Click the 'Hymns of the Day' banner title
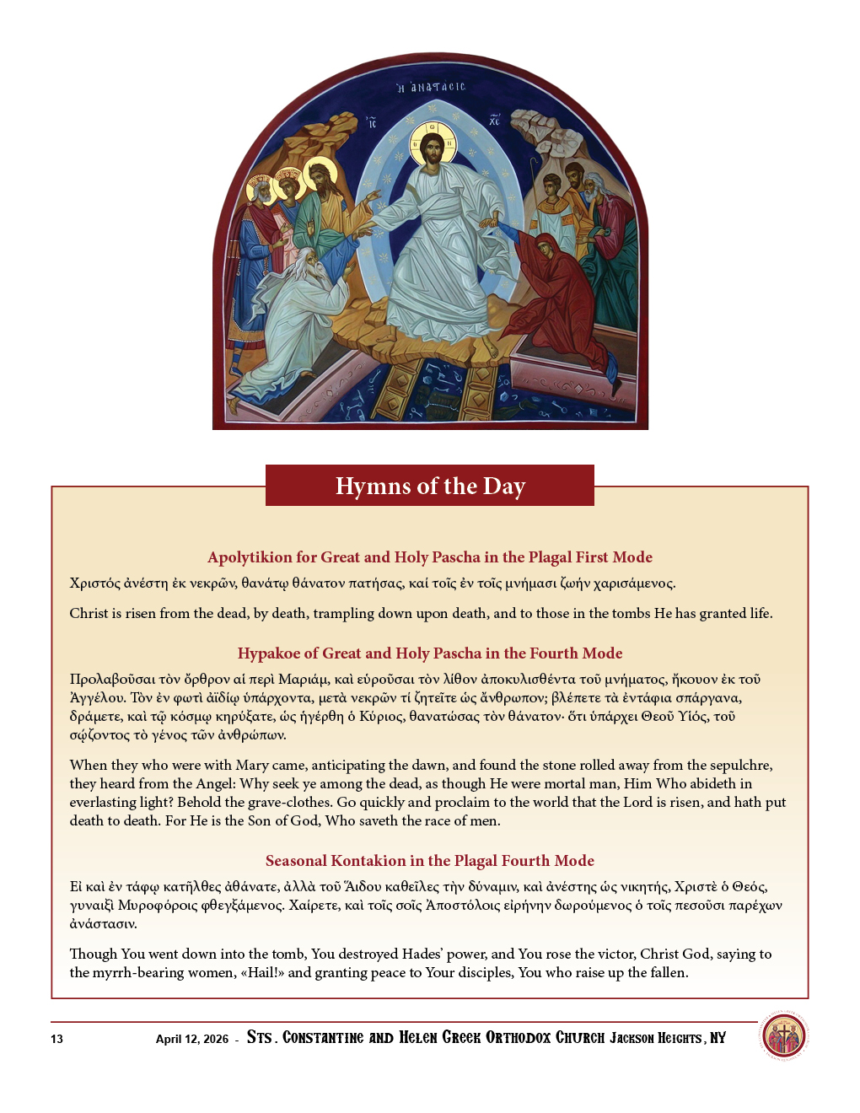pyautogui.click(x=430, y=487)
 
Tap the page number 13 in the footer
pyautogui.click(x=56, y=1039)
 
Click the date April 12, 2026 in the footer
pyautogui.click(x=191, y=1039)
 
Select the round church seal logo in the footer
pyautogui.click(x=784, y=1035)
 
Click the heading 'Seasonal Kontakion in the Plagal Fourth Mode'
pyautogui.click(x=430, y=861)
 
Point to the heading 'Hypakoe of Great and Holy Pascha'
pyautogui.click(x=430, y=653)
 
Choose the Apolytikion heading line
pyautogui.click(x=430, y=557)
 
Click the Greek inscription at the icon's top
pyautogui.click(x=431, y=87)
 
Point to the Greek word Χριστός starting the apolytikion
pyautogui.click(x=95, y=583)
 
